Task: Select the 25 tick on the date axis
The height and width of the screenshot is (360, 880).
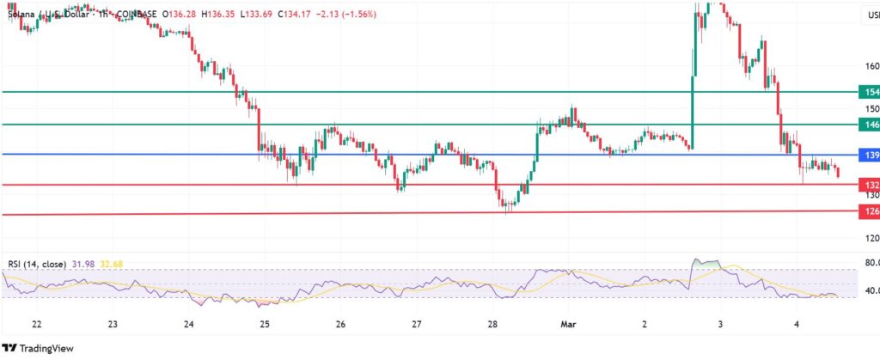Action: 265,325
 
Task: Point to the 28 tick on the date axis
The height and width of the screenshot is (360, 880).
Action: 492,325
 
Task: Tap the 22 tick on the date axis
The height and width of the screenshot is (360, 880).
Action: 37,325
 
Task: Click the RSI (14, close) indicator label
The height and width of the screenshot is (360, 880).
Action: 37,263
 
